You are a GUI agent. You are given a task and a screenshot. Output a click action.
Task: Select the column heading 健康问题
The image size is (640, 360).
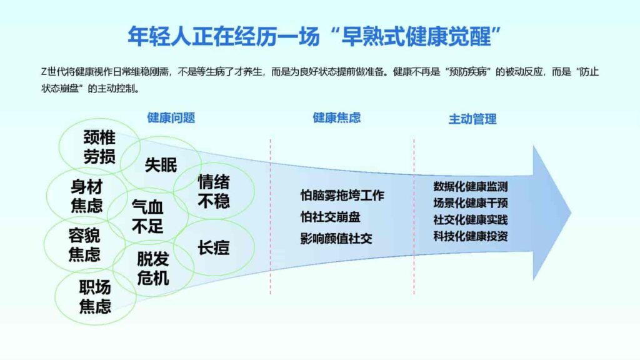point(171,118)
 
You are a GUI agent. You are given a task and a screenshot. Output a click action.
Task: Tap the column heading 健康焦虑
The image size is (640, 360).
point(337,118)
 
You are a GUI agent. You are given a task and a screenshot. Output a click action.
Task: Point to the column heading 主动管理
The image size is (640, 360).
point(472,119)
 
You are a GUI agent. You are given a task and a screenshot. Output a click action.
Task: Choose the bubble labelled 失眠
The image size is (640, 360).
point(161,165)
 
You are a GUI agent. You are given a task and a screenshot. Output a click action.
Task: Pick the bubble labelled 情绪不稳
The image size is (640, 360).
point(214,191)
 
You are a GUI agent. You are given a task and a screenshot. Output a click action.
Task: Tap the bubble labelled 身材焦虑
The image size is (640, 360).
point(86,195)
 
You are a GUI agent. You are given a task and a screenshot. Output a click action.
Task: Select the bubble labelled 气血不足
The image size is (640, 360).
point(147,216)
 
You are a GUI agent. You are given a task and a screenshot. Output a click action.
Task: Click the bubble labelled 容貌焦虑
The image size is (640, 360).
point(84,244)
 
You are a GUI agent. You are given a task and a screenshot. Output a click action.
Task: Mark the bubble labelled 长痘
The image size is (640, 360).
point(214,248)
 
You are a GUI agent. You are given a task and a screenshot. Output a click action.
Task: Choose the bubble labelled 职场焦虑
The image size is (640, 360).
point(95,297)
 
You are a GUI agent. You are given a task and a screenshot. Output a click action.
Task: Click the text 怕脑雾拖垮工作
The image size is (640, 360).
point(342,196)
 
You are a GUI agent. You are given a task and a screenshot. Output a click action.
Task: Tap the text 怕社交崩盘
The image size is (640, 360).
point(330,217)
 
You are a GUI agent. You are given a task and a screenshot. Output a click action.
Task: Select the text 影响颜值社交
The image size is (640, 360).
point(336,238)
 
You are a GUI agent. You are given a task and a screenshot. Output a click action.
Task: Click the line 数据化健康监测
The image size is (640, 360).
point(471,186)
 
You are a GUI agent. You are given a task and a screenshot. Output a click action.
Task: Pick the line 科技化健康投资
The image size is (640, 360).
point(471,236)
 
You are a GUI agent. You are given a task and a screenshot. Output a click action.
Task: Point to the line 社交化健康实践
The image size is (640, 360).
point(471,219)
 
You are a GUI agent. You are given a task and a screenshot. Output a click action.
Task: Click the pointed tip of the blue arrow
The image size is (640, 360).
point(570,211)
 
